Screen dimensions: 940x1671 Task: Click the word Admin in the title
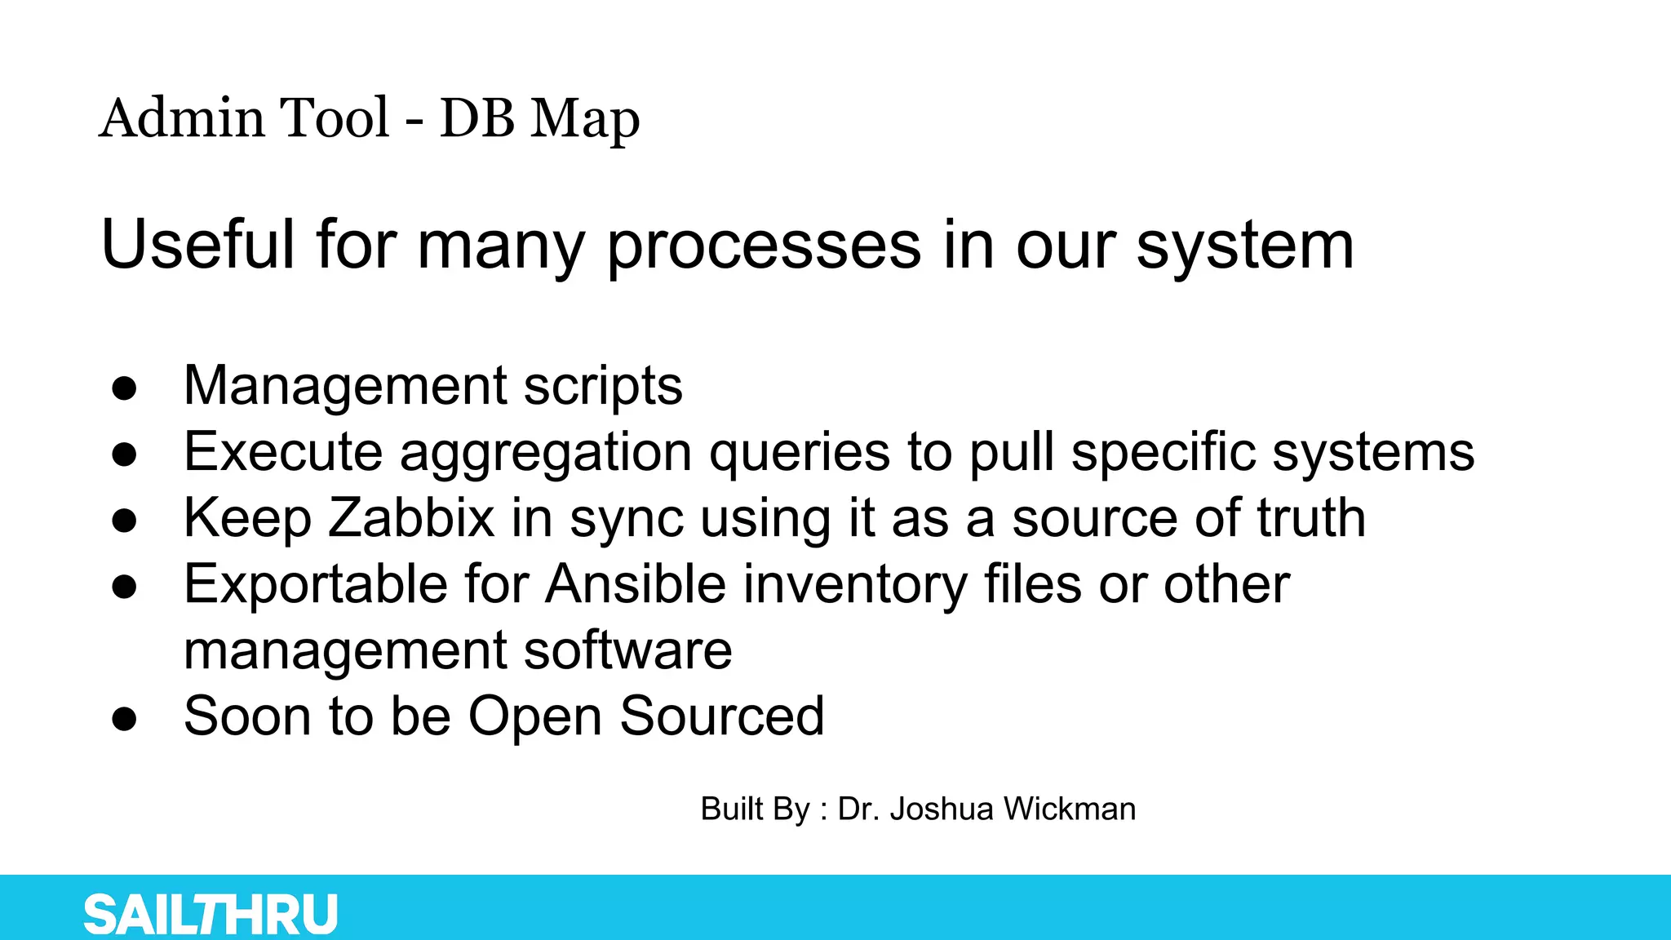(x=180, y=117)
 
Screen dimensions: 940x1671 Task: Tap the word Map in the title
(x=584, y=119)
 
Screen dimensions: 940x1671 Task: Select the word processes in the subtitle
(x=765, y=246)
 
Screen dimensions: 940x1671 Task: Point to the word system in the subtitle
(x=1245, y=246)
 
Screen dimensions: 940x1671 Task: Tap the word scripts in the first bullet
(x=602, y=386)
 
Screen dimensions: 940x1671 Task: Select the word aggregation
(x=545, y=453)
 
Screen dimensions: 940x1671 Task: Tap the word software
(x=627, y=650)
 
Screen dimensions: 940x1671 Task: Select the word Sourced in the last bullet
(x=721, y=716)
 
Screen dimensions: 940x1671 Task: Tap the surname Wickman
(x=1070, y=809)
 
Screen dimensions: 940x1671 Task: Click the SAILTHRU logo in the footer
(x=211, y=914)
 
